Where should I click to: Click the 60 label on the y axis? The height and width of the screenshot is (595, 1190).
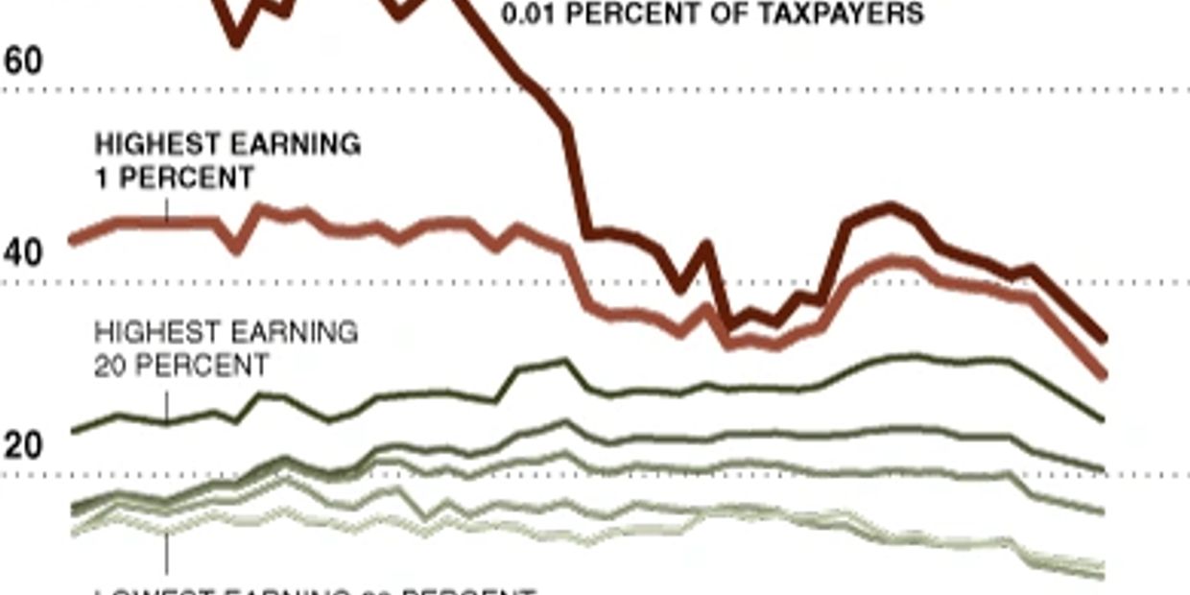[x=24, y=60]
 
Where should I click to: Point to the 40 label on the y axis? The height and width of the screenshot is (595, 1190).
[x=24, y=253]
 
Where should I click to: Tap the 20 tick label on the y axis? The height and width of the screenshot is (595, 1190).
[x=24, y=445]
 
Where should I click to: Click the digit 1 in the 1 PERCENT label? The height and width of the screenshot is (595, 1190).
[x=102, y=178]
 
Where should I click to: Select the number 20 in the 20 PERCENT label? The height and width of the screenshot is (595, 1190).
[x=111, y=366]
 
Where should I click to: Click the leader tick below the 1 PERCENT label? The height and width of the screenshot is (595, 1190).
[x=166, y=209]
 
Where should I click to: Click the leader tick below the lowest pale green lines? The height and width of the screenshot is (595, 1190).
[x=166, y=553]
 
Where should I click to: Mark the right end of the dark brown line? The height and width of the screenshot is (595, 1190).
[x=1104, y=339]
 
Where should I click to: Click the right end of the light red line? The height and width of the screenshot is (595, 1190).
[x=1104, y=374]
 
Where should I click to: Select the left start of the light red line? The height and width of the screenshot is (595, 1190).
[x=73, y=241]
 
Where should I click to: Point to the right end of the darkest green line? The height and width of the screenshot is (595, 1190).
[x=1104, y=419]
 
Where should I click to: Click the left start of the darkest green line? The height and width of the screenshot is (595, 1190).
[x=73, y=431]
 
